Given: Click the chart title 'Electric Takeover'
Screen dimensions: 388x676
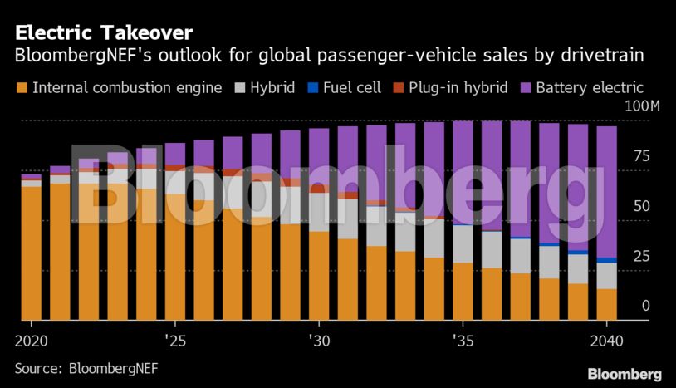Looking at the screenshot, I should tap(104, 33).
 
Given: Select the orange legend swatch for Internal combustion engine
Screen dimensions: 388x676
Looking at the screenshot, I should tap(22, 87).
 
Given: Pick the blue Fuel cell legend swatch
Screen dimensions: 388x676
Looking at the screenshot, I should tap(312, 87).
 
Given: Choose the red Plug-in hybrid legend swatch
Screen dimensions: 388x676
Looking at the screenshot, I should tap(396, 87).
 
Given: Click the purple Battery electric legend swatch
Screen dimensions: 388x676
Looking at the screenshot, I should tap(525, 87).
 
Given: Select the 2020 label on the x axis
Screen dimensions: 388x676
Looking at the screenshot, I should tap(31, 341).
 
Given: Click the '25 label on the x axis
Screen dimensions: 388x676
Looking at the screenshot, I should tap(174, 341).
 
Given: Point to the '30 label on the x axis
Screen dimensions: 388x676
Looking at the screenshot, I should tap(319, 341).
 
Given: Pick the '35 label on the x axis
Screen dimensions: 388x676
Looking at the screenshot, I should tap(463, 341).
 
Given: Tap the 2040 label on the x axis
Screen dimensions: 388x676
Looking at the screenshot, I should tap(607, 341).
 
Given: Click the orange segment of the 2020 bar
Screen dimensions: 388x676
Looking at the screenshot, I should tap(31, 253).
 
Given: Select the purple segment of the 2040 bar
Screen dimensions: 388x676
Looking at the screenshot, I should tap(607, 191).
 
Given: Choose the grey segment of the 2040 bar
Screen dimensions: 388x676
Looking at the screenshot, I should tap(607, 275).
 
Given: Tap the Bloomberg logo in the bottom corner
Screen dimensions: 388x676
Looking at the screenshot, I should tap(625, 374).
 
